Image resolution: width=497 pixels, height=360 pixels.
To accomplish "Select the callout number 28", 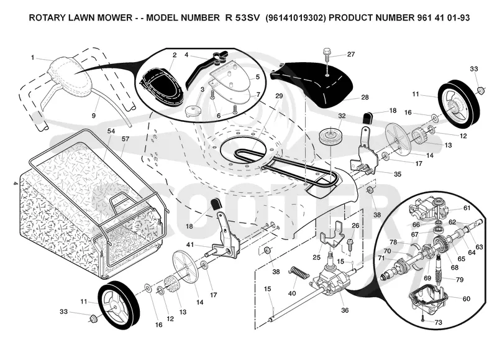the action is (365, 97).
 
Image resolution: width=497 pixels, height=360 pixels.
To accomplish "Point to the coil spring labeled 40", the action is (299, 273).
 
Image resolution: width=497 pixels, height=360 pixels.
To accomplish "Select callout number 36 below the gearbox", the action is (345, 310).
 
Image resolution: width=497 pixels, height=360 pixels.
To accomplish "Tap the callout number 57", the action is (125, 139).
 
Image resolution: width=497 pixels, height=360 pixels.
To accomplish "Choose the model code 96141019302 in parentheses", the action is (296, 17).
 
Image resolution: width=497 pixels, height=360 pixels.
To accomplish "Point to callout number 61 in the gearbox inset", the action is (467, 208).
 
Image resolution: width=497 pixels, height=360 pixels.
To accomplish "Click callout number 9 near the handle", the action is (94, 116).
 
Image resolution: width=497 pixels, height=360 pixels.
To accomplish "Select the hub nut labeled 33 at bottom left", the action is (93, 318).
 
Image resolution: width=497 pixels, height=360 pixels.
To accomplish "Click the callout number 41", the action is (190, 244).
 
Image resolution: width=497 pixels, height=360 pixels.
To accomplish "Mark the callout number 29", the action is (279, 96).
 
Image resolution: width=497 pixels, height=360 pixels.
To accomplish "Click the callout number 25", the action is (316, 257).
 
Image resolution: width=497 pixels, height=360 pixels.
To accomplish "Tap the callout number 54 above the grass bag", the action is (111, 131).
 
